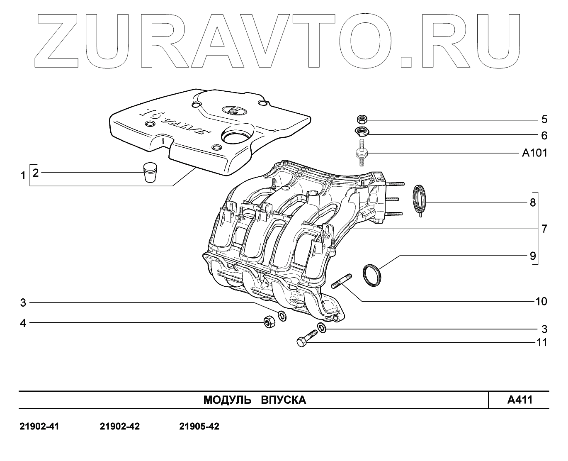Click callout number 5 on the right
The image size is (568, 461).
tap(544, 120)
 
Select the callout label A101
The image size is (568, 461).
tap(534, 153)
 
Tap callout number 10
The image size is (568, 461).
tap(541, 301)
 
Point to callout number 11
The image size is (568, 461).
tap(541, 343)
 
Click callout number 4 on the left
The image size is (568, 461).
tap(23, 323)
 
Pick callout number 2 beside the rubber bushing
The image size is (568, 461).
tap(36, 173)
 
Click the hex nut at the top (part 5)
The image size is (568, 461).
tap(361, 120)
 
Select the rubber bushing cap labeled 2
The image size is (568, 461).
tap(150, 172)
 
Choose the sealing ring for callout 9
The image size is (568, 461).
tap(372, 274)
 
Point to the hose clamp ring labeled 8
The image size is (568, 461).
tap(420, 199)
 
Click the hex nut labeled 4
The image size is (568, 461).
tap(269, 322)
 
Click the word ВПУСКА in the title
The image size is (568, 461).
tap(284, 400)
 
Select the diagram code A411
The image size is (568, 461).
tap(519, 400)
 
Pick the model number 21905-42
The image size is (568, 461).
tap(199, 427)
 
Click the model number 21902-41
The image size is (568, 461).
tap(39, 427)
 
